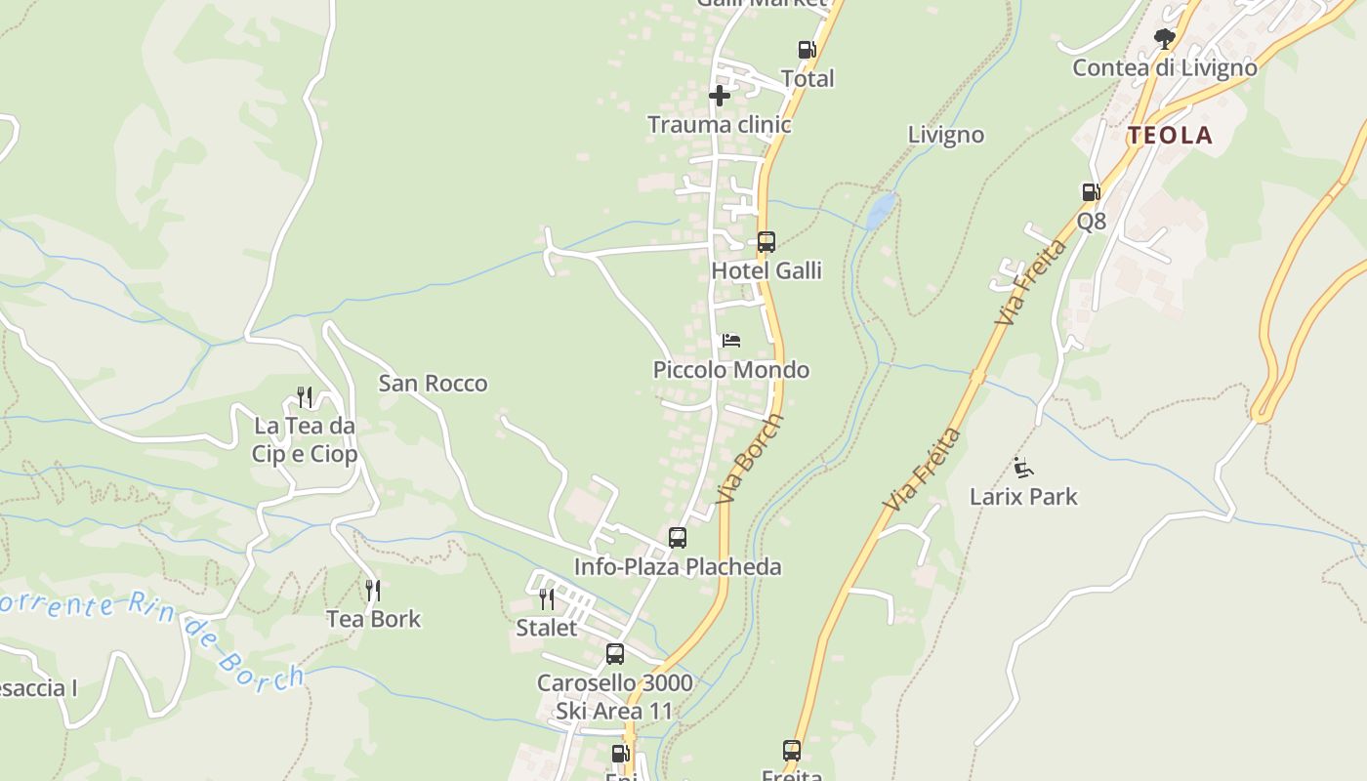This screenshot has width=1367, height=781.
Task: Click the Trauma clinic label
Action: pos(720,125)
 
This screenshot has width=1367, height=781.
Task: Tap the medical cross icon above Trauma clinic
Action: pos(720,96)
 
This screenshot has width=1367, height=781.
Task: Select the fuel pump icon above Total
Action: pos(807,50)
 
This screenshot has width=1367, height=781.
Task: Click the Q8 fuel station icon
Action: pos(1091,192)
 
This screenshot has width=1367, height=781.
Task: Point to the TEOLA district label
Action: pos(1171,136)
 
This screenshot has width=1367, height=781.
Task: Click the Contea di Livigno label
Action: pos(1165,68)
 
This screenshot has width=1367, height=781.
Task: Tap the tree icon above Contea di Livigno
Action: pos(1164,39)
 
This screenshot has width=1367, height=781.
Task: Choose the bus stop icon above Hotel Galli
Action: pos(766,241)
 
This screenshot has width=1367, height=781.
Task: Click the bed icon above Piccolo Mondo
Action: pos(731,341)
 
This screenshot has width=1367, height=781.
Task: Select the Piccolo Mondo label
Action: pos(731,370)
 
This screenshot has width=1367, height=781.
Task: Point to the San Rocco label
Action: pos(433,384)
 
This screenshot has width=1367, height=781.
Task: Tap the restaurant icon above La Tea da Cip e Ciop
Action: pos(305,396)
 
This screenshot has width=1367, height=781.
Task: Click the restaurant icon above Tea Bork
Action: pos(373,590)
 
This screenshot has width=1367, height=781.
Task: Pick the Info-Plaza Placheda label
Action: pos(678,567)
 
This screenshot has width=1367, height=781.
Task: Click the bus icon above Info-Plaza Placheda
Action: pos(678,537)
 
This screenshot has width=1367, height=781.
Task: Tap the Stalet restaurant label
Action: pos(547,628)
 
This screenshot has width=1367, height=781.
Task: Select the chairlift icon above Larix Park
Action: pos(1023,468)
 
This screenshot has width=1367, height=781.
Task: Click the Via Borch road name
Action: pos(750,459)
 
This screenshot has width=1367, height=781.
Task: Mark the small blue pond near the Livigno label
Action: pos(881,207)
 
